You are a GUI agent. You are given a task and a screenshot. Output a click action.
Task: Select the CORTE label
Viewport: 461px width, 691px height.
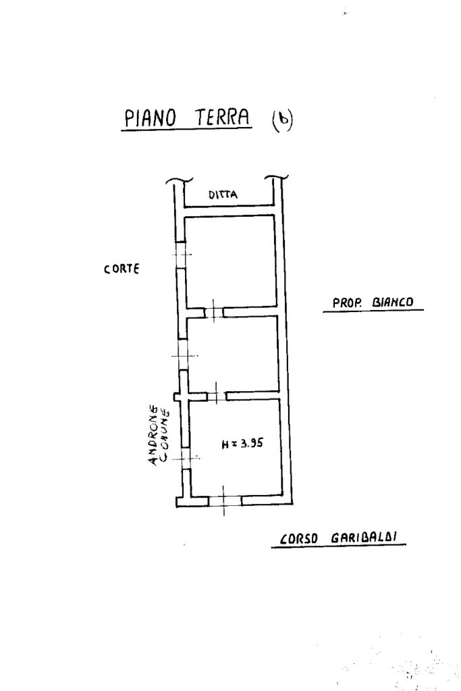click(121, 269)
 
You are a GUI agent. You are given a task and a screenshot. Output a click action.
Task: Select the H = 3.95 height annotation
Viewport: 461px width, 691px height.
click(242, 444)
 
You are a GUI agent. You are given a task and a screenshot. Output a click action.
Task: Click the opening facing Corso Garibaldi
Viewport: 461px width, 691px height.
click(225, 501)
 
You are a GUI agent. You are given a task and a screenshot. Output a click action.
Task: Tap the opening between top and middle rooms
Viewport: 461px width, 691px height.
click(213, 311)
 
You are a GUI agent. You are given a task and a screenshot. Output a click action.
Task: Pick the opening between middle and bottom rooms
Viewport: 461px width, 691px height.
click(215, 394)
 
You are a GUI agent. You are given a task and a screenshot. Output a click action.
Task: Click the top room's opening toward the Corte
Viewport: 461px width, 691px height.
click(180, 254)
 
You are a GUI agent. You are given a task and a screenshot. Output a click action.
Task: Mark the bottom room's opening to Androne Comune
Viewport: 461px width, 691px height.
click(184, 458)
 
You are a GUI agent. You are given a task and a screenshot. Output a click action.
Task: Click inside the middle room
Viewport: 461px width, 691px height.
click(233, 353)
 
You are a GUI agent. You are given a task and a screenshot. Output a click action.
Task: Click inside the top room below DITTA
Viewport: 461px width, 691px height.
click(229, 260)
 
